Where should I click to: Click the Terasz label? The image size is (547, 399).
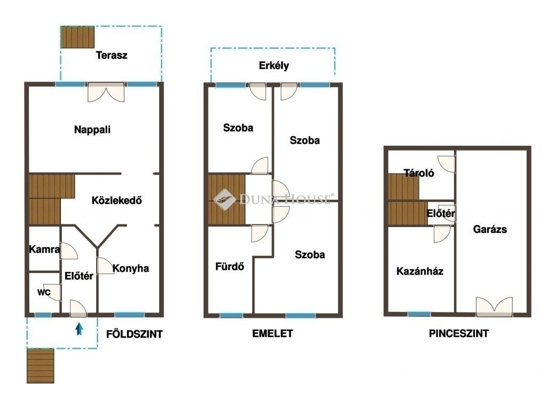click(x=112, y=55)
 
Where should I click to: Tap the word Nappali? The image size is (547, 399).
click(x=92, y=130)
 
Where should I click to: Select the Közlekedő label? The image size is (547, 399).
click(x=117, y=200)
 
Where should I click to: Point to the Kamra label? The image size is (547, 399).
click(x=44, y=249)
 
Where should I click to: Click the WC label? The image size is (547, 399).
click(x=44, y=292)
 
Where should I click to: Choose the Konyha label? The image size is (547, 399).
click(x=131, y=268)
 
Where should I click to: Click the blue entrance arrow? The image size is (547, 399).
click(x=80, y=329)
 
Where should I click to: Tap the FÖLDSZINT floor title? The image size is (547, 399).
click(x=134, y=334)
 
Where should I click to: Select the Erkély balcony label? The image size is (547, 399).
click(x=274, y=66)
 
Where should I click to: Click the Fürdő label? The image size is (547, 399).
click(x=230, y=267)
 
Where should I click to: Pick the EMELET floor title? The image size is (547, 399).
click(x=272, y=333)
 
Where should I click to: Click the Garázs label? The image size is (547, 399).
click(x=490, y=229)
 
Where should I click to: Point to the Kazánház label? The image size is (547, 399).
click(x=420, y=271)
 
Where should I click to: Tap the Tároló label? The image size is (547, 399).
click(x=419, y=173)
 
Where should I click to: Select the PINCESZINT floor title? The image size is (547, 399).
click(x=459, y=333)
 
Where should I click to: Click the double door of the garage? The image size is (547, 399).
click(x=494, y=307)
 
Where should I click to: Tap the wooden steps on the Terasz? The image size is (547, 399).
click(x=77, y=37)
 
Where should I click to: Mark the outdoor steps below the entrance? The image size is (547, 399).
click(x=41, y=366)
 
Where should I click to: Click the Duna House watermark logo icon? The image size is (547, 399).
click(x=225, y=200)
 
